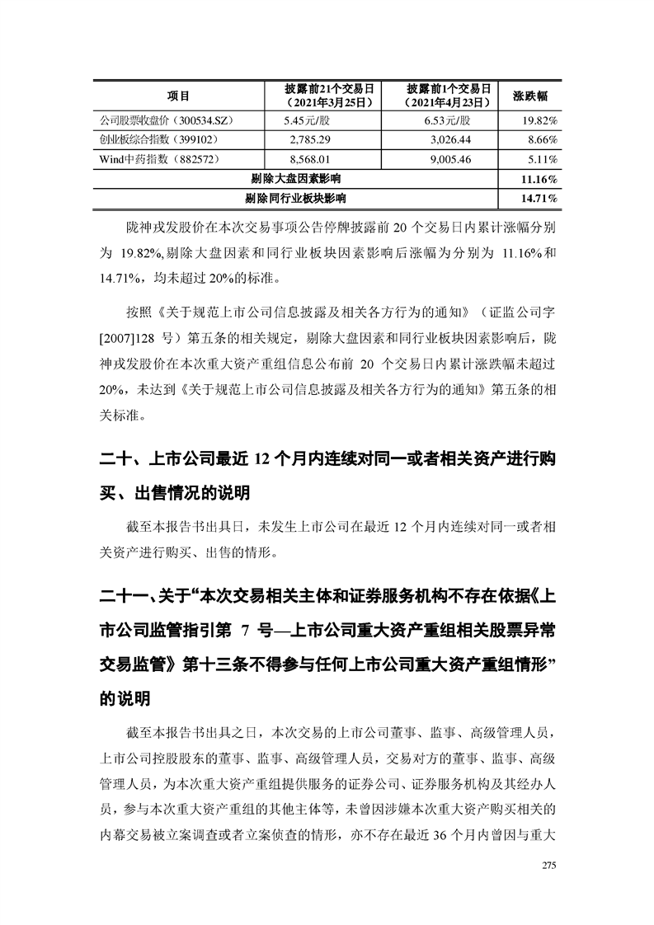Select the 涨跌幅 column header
click(x=531, y=96)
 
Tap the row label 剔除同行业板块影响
click(x=296, y=198)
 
